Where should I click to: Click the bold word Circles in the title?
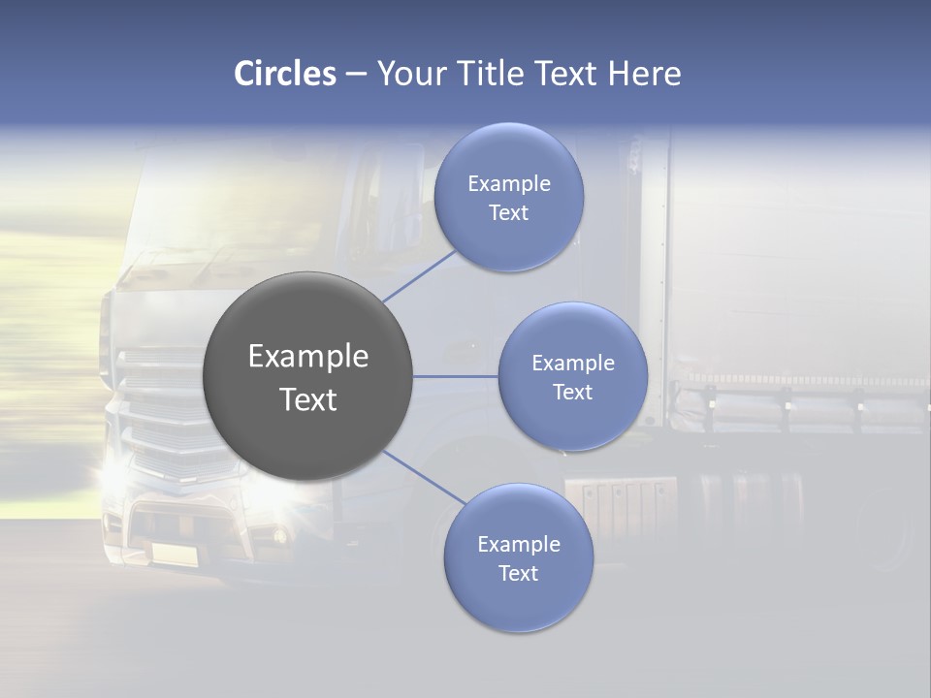[285, 74]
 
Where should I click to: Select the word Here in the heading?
[644, 74]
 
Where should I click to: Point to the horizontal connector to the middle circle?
[456, 376]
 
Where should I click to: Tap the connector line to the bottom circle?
[424, 477]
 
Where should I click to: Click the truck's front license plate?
[172, 554]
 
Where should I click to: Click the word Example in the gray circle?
[308, 357]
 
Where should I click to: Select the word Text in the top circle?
[508, 213]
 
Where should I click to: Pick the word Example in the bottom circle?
[518, 544]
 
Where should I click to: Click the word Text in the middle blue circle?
[572, 393]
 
